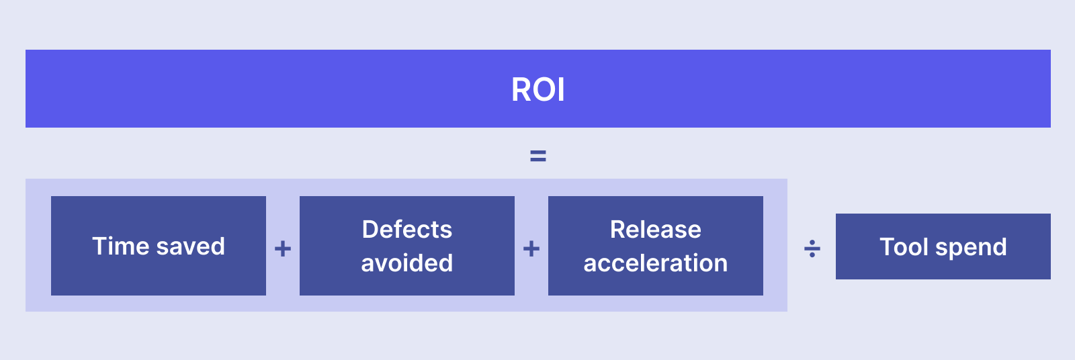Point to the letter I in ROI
point(561,89)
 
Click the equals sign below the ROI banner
point(538,156)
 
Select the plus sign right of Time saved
point(283,249)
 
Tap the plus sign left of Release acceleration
point(531,249)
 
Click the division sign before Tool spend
point(812,249)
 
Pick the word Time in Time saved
point(120,246)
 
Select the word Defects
point(407,230)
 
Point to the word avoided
point(407,263)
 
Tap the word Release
point(656,230)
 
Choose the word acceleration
point(656,263)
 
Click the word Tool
point(904,247)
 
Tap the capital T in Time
point(100,246)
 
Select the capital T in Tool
point(887,247)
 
